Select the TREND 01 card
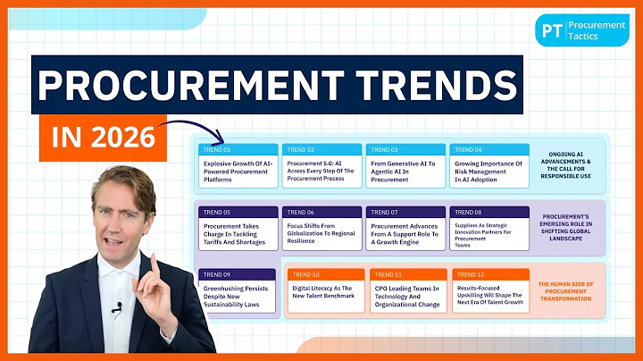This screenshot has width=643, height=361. pyautogui.click(x=237, y=165)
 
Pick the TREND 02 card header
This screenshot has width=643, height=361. pyautogui.click(x=321, y=149)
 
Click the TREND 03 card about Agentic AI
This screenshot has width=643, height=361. pyautogui.click(x=405, y=165)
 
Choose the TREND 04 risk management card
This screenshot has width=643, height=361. pyautogui.click(x=489, y=165)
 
